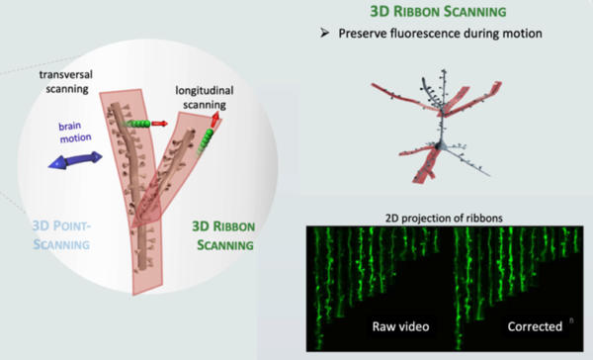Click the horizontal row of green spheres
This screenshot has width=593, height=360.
pos(144,124)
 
